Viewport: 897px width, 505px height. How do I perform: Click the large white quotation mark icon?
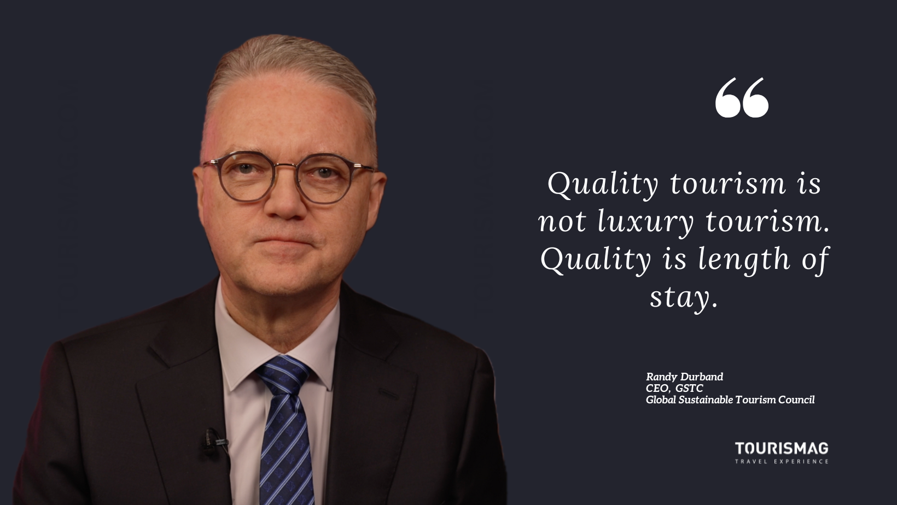pos(742,98)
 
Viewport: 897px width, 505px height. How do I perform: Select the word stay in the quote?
pos(679,298)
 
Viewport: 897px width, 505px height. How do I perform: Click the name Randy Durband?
pos(684,377)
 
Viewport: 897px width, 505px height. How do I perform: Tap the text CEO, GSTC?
pos(674,388)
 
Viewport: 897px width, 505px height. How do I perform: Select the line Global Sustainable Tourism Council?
pos(730,400)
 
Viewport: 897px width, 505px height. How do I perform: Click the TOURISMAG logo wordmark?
pos(781,449)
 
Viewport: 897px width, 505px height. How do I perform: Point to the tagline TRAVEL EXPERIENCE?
pos(781,461)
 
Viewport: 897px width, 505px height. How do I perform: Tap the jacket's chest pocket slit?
pos(388,394)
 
